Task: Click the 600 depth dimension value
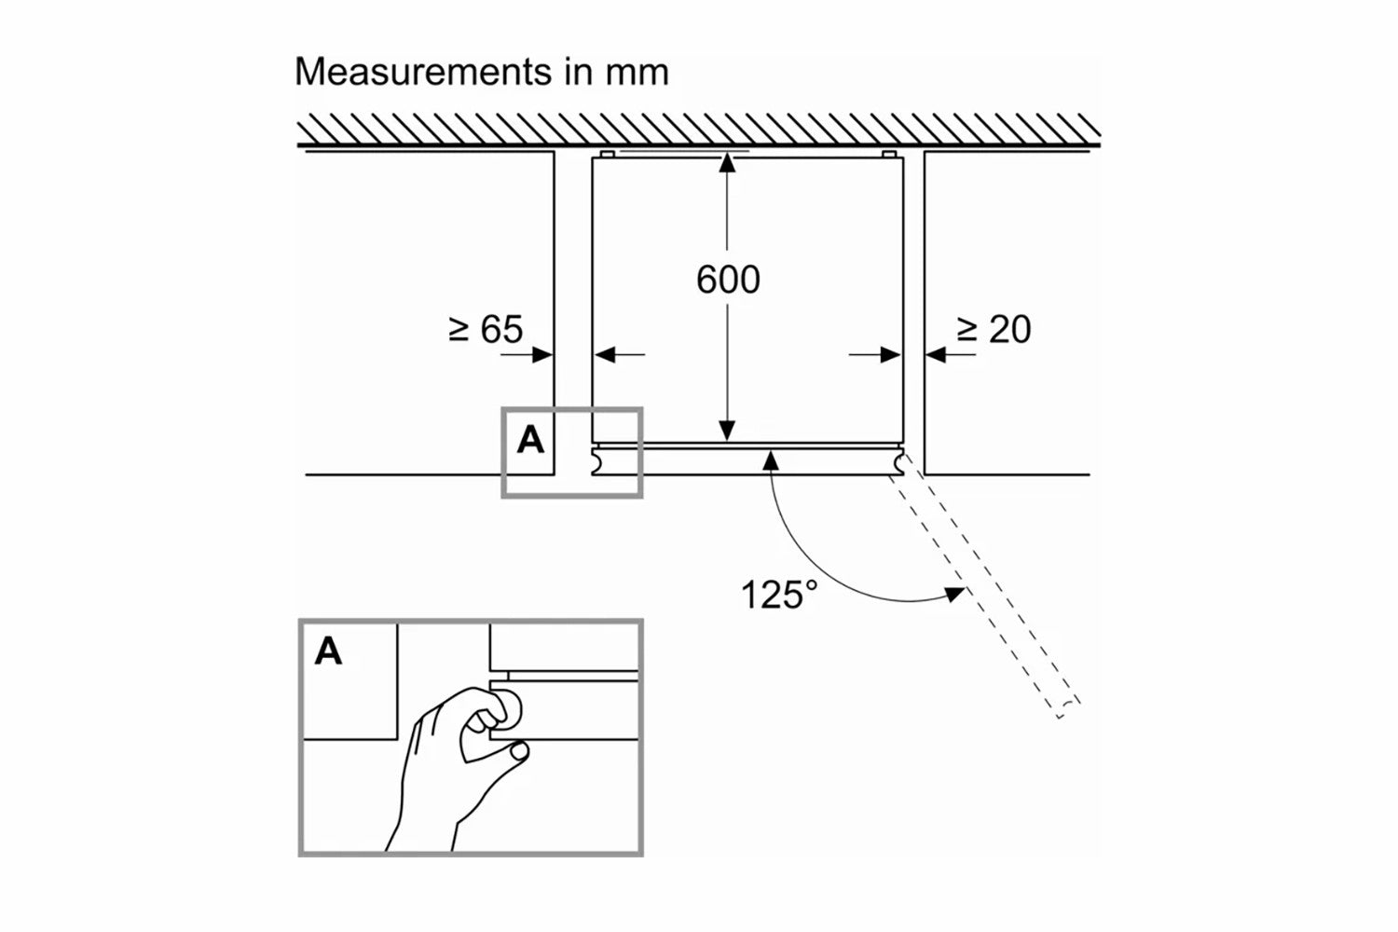[x=728, y=280]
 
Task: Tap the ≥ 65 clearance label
[x=486, y=329]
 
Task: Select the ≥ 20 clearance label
[x=994, y=329]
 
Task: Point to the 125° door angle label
[x=778, y=594]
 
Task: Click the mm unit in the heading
[x=637, y=72]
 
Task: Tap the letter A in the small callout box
[x=530, y=439]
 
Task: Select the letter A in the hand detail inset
[x=328, y=651]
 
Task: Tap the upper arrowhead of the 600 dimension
[x=728, y=164]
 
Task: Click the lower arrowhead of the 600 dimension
[x=728, y=431]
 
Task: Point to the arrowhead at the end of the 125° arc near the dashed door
[x=954, y=593]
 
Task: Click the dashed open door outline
[x=988, y=596]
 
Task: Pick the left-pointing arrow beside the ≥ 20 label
[x=936, y=354]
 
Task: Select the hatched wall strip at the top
[x=699, y=131]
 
